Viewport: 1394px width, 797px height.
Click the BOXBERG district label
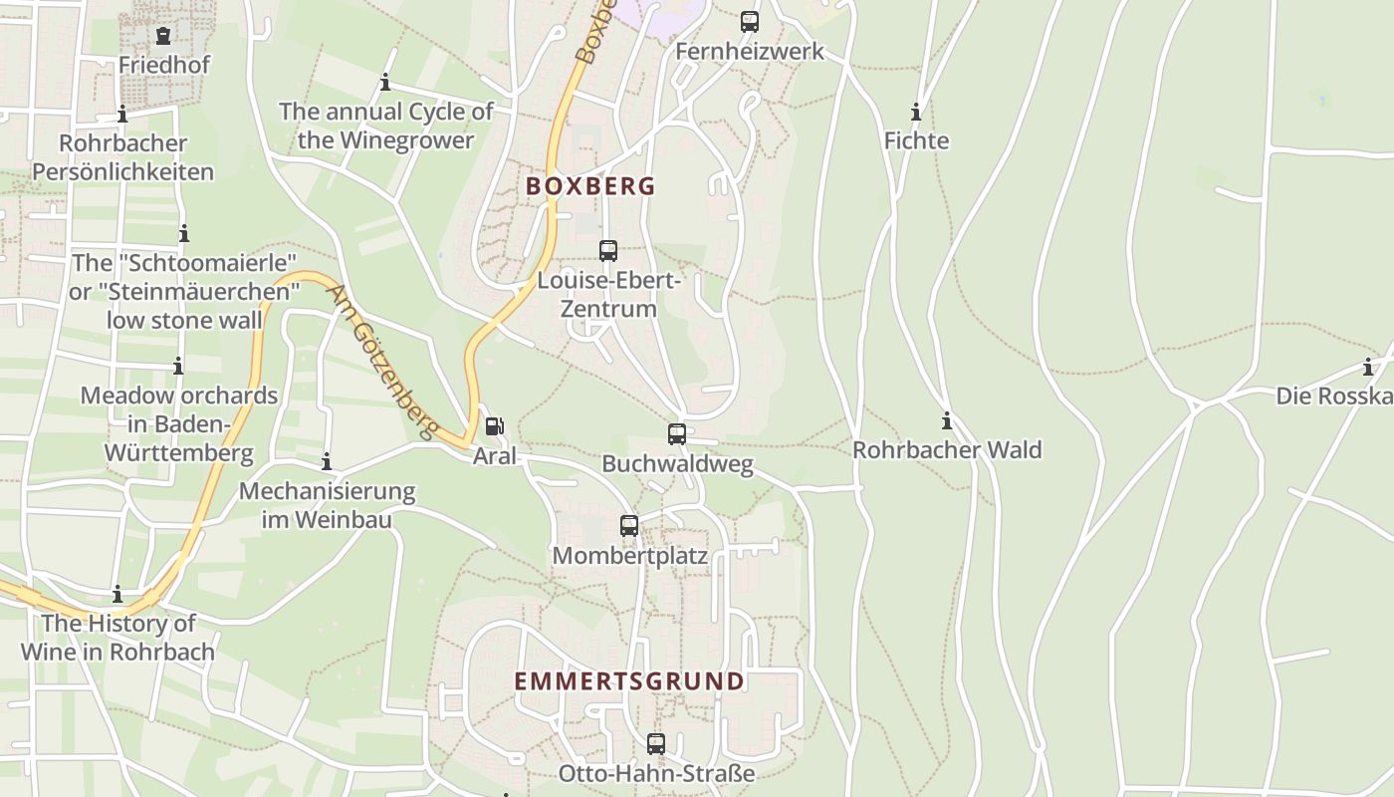click(x=590, y=186)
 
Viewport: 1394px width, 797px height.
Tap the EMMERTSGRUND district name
click(x=629, y=681)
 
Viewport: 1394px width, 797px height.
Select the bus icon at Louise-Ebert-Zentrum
click(x=608, y=251)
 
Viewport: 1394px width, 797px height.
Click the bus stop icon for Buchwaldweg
click(x=677, y=434)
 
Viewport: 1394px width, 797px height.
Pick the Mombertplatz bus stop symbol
click(x=629, y=525)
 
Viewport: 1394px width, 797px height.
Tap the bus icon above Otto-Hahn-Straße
click(x=656, y=743)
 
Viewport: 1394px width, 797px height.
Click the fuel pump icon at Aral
click(x=494, y=426)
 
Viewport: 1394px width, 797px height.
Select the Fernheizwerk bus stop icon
click(x=750, y=21)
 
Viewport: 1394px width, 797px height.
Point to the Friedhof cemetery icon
click(x=163, y=36)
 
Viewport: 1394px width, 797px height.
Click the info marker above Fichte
click(x=916, y=112)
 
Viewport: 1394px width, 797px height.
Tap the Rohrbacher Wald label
click(x=947, y=450)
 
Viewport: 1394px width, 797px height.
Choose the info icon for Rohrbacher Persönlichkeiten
click(x=122, y=115)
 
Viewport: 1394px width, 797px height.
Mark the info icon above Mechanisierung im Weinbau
click(x=327, y=462)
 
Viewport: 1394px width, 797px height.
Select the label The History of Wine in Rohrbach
click(x=118, y=638)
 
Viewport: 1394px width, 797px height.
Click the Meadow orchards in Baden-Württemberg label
click(x=179, y=424)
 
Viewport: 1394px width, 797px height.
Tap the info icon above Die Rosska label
click(x=1368, y=367)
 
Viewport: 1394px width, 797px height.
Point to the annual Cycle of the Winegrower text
click(x=385, y=126)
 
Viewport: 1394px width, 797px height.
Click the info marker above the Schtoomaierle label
click(x=184, y=234)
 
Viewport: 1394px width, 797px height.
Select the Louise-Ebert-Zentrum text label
click(x=608, y=295)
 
